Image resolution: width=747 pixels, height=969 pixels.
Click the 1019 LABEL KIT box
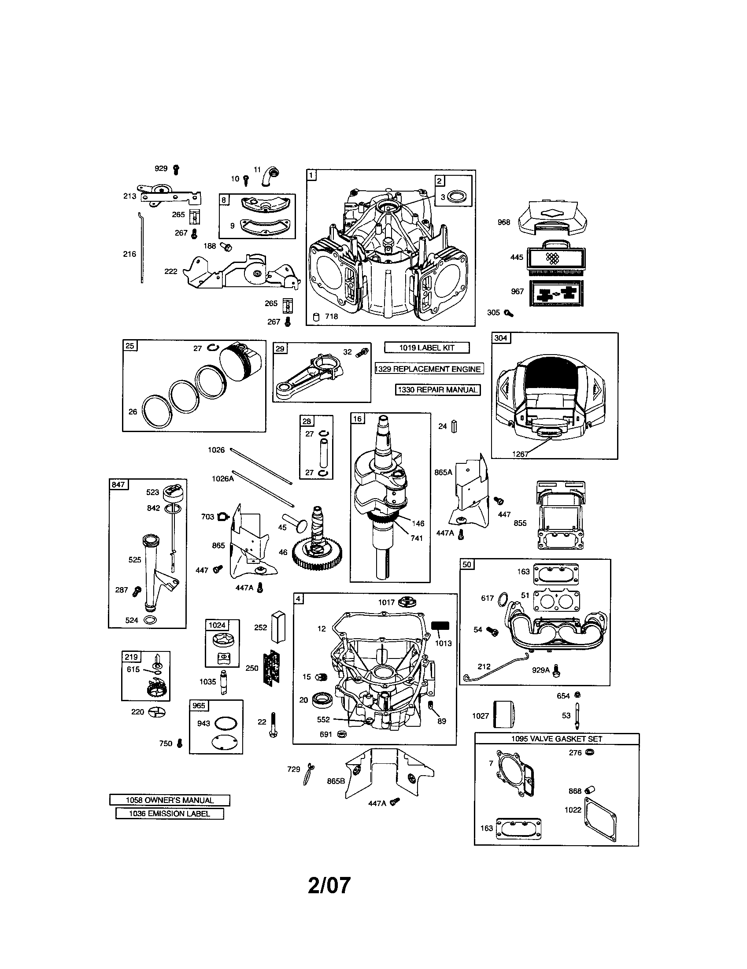(426, 348)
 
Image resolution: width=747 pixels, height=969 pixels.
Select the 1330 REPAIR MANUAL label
(438, 390)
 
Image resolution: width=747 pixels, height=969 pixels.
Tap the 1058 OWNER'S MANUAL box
(170, 800)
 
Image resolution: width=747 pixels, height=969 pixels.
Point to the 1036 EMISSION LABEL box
(170, 813)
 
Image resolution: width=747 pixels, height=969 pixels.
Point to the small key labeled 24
(454, 426)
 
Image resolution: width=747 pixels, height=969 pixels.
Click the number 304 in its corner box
(500, 338)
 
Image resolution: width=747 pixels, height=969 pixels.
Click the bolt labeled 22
(273, 725)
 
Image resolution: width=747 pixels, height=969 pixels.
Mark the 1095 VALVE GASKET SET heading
(556, 739)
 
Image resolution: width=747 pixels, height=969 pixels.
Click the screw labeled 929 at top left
(176, 169)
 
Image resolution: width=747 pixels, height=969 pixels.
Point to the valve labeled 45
(294, 524)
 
